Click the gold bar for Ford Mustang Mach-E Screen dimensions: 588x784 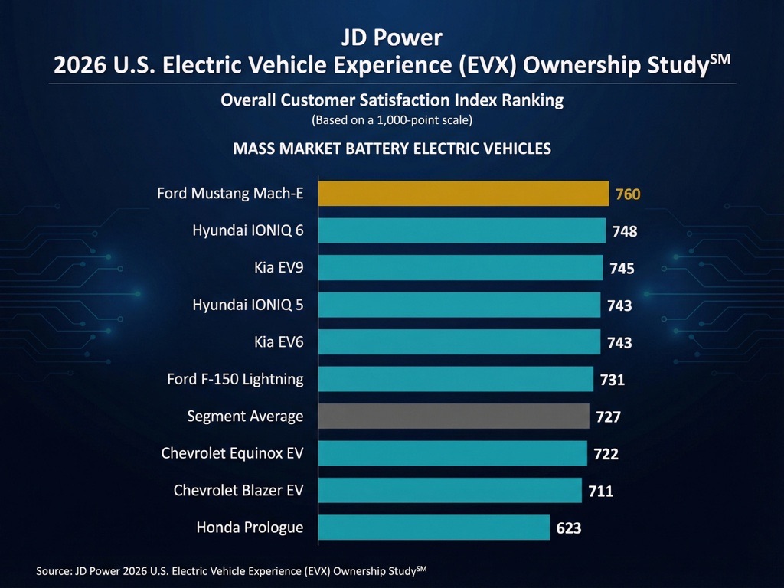pyautogui.click(x=463, y=194)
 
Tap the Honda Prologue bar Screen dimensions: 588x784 pyautogui.click(x=433, y=528)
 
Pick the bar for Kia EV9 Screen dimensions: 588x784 pyautogui.click(x=460, y=268)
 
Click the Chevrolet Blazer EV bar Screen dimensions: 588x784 pyautogui.click(x=449, y=490)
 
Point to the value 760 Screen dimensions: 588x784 pyautogui.click(x=627, y=194)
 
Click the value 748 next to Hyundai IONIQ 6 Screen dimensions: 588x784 pyautogui.click(x=625, y=231)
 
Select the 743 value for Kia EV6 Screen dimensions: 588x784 pyautogui.click(x=619, y=343)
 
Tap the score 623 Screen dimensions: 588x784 pyautogui.click(x=569, y=528)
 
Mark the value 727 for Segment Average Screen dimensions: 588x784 pyautogui.click(x=608, y=417)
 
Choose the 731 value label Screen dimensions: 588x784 pyautogui.click(x=612, y=380)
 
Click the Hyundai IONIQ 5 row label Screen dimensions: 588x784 pyautogui.click(x=248, y=305)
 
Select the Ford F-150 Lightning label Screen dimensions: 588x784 pyautogui.click(x=235, y=379)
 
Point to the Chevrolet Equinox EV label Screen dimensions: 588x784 pyautogui.click(x=232, y=453)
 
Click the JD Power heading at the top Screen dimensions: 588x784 pyautogui.click(x=391, y=38)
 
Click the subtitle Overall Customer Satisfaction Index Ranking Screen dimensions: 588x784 pyautogui.click(x=391, y=100)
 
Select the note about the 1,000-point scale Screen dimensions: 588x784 pyautogui.click(x=391, y=120)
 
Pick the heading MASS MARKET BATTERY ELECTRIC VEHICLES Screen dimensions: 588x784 pyautogui.click(x=391, y=149)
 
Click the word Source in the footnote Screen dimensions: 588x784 pyautogui.click(x=53, y=570)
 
